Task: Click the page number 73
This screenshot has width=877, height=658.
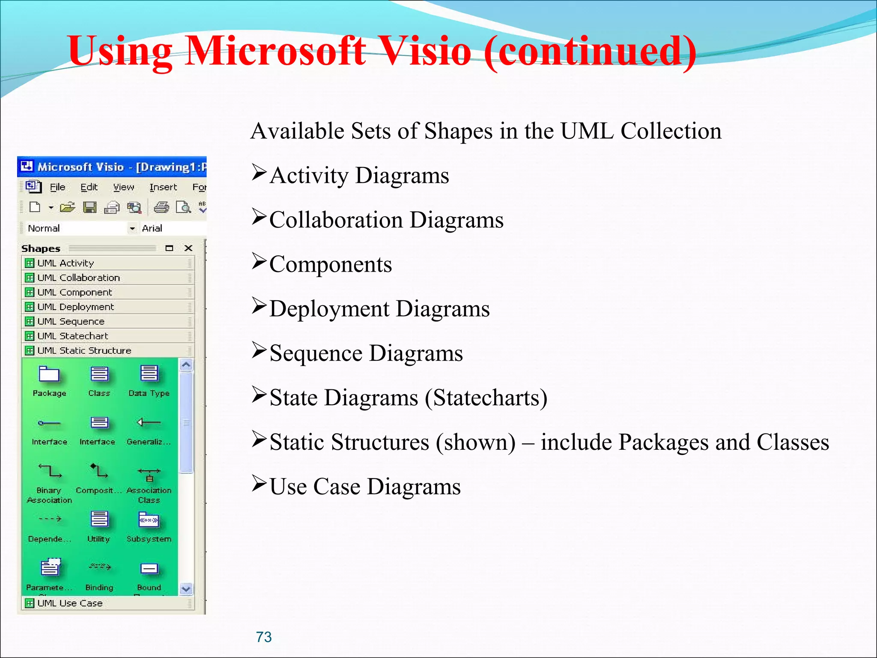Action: (x=264, y=637)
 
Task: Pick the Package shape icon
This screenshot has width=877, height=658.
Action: (x=49, y=374)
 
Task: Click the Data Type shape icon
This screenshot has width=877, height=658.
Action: (x=149, y=374)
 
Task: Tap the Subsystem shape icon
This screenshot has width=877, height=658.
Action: (x=149, y=520)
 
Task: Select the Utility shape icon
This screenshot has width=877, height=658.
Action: (x=99, y=519)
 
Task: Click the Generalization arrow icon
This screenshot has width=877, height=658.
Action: (x=149, y=423)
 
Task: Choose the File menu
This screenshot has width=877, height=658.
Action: (x=57, y=187)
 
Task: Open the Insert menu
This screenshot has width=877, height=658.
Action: (x=163, y=187)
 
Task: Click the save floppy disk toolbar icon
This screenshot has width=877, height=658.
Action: (x=89, y=208)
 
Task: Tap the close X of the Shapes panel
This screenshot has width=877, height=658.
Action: (x=188, y=248)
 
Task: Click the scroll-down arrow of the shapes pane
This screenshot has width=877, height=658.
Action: (x=186, y=589)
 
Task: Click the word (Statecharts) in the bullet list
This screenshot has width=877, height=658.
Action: (x=486, y=398)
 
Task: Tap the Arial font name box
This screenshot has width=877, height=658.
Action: (x=171, y=228)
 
